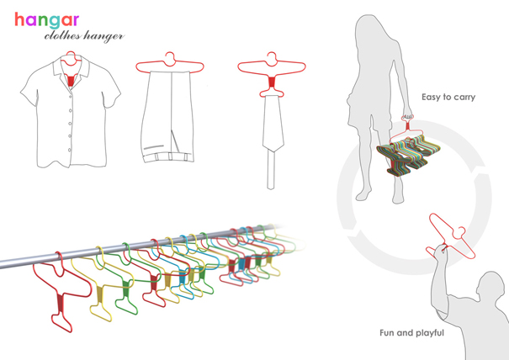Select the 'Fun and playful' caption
pos(411,334)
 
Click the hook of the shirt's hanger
pos(70,56)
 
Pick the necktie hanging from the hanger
pos(271,126)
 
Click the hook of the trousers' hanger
pos(171,57)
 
